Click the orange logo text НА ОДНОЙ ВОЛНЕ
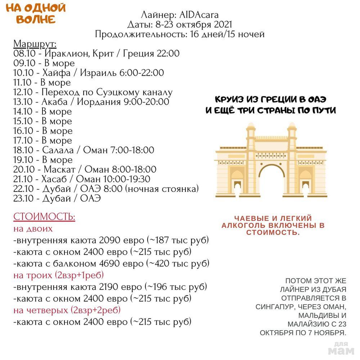point(36,13)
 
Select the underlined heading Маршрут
point(35,44)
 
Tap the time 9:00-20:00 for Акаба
point(146,102)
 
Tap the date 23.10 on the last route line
point(23,199)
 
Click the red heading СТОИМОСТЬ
point(44,217)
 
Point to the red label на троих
point(33,275)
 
